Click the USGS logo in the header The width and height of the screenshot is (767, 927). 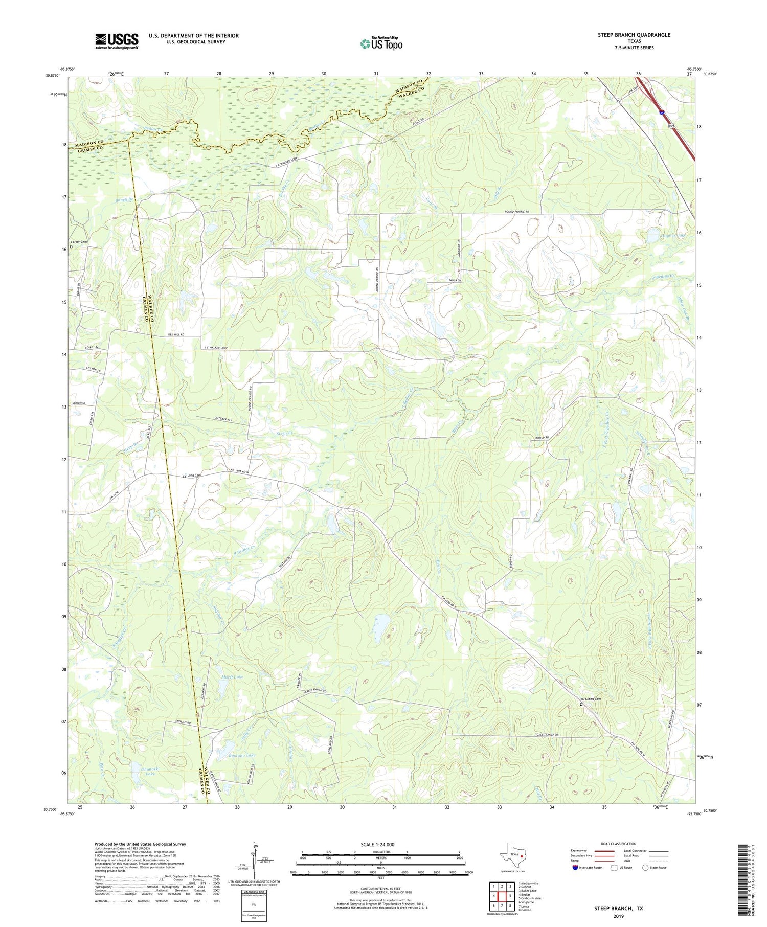(117, 41)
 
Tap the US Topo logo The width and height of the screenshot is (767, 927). (381, 44)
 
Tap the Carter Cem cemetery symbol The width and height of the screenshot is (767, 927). (72, 247)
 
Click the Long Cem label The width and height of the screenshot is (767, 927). (194, 476)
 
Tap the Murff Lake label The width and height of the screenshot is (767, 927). (232, 676)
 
